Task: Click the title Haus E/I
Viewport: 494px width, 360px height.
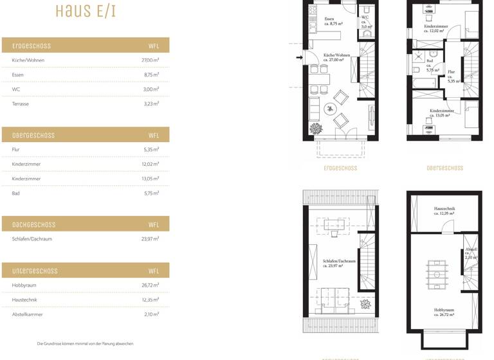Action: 85,12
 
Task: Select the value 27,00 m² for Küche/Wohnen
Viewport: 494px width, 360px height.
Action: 151,60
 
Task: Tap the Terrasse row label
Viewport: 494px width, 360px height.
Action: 21,104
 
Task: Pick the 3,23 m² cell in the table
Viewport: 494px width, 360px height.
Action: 151,104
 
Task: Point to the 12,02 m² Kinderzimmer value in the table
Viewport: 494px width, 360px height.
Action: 151,164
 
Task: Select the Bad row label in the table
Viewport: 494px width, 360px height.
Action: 16,193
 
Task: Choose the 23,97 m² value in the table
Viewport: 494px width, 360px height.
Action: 151,239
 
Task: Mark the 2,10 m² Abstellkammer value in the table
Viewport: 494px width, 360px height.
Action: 151,314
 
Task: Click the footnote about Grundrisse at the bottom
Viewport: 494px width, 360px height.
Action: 85,344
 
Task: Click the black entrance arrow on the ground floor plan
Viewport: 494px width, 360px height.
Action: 299,58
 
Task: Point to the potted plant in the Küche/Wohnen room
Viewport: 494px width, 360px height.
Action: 316,129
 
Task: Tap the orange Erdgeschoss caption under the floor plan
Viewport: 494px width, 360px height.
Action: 340,168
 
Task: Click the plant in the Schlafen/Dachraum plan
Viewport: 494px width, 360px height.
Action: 365,303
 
